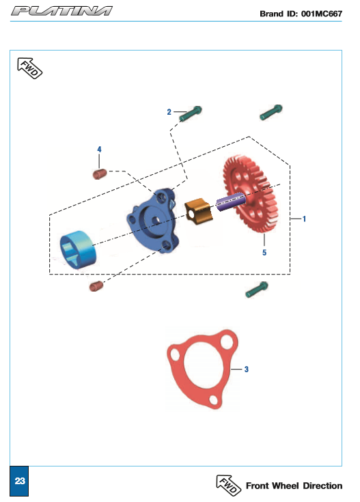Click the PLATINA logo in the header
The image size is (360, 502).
click(61, 11)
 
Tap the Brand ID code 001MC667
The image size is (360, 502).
click(322, 14)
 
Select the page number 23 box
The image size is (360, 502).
click(19, 481)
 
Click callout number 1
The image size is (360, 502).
click(304, 219)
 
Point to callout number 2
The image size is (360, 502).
click(169, 112)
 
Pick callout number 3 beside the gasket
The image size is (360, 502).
click(247, 369)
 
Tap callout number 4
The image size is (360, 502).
click(99, 149)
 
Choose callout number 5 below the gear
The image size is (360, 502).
click(264, 253)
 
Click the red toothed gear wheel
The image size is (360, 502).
click(251, 193)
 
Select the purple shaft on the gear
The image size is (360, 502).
click(230, 201)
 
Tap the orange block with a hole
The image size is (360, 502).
click(199, 211)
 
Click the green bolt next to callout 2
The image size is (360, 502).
click(191, 113)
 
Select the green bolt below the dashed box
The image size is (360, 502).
click(257, 290)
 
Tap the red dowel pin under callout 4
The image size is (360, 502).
click(100, 174)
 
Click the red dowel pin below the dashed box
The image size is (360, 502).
click(96, 286)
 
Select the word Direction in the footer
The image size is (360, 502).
click(322, 486)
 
